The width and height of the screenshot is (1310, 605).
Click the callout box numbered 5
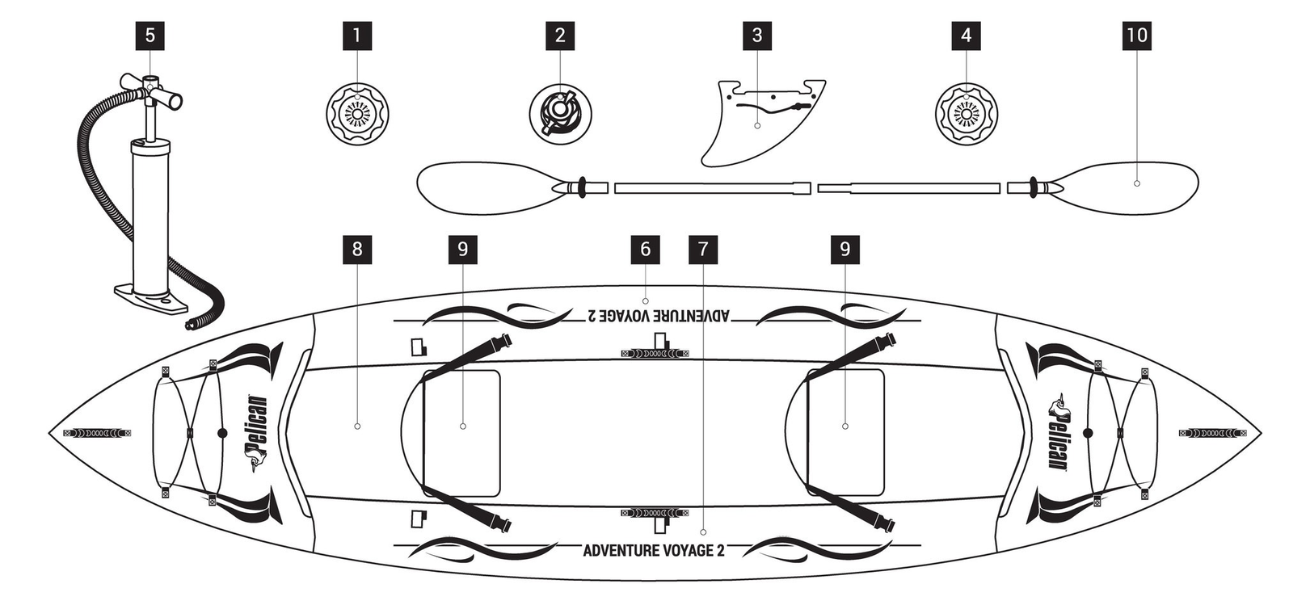pos(150,36)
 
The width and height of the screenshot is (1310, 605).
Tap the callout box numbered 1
pos(357,36)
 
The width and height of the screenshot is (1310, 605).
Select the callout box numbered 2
pos(560,36)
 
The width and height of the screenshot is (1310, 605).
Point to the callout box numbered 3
pos(757,36)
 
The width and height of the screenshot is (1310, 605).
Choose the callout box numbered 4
pos(967,36)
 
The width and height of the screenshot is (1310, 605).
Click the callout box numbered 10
pos(1136,36)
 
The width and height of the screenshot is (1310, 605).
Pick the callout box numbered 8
pos(357,249)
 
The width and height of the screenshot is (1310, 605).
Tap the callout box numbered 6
pos(645,249)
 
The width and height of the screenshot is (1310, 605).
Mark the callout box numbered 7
pos(703,249)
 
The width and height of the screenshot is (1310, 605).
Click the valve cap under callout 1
pos(357,114)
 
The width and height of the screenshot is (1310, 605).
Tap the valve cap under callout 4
pos(967,114)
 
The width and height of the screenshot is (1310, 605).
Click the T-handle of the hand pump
pos(151,88)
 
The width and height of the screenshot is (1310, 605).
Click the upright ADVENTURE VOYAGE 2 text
pos(653,551)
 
